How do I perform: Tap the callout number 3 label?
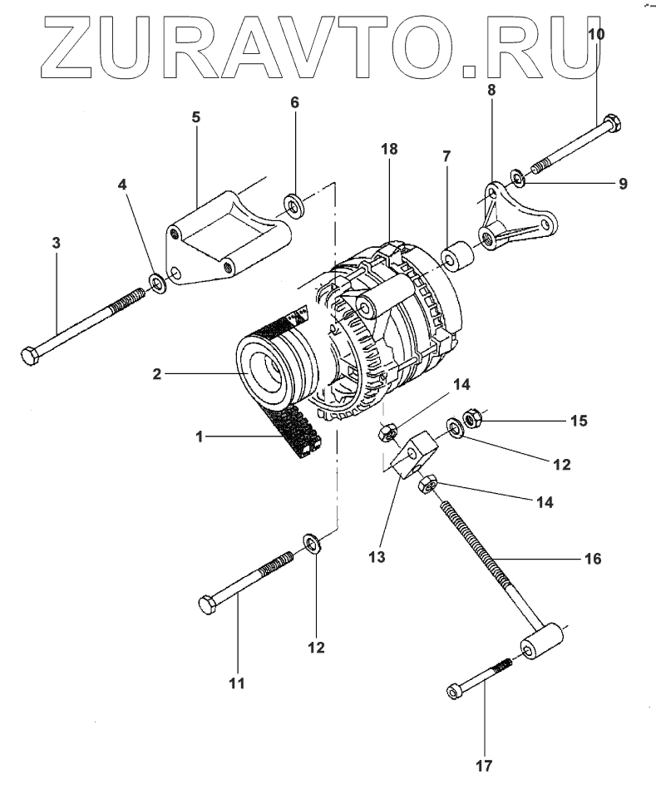[57, 243]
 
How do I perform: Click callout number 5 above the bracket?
[196, 116]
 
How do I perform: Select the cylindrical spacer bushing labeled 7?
[456, 259]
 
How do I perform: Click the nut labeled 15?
[471, 418]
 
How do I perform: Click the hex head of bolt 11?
[209, 604]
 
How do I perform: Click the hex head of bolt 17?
[454, 691]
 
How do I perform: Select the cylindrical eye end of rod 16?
[542, 645]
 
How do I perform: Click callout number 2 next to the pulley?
[155, 375]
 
